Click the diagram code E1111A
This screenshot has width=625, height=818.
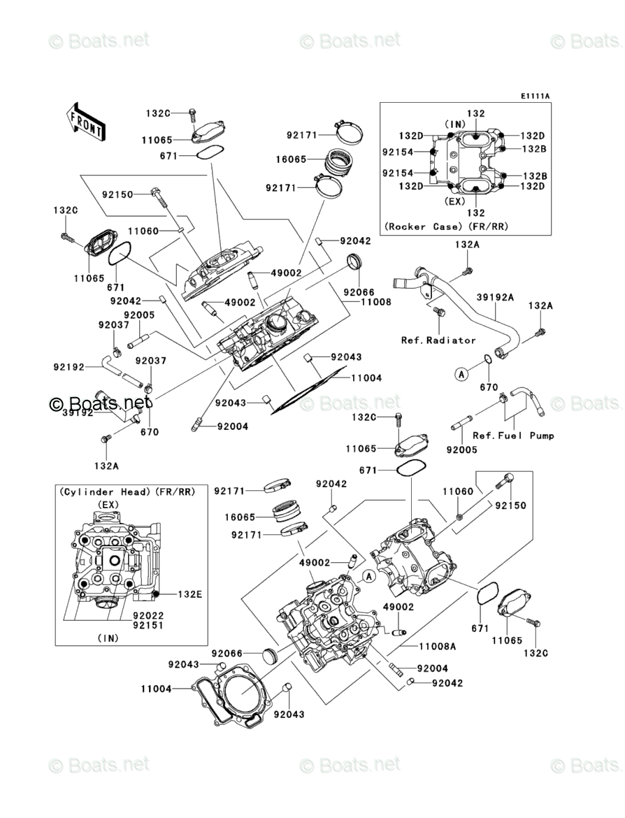pos(534,96)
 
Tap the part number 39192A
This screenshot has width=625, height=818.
pos(495,297)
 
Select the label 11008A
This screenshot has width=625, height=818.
pos(437,647)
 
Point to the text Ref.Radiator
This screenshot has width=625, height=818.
pos(438,340)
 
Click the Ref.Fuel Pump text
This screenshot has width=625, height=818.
pos(513,436)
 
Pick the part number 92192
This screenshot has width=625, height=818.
pos(69,367)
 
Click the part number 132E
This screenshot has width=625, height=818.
pos(190,594)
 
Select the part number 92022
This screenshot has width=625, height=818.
pos(148,616)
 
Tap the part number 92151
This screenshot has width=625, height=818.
pos(148,626)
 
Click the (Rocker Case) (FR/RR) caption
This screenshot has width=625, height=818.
pos(446,227)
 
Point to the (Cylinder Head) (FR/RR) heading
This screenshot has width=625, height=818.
pos(127,492)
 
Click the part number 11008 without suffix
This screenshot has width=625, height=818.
pos(375,302)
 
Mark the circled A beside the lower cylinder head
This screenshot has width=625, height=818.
pos(369,577)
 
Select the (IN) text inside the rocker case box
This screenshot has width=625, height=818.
pos(455,124)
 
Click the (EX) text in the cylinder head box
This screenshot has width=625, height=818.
pos(108,505)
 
